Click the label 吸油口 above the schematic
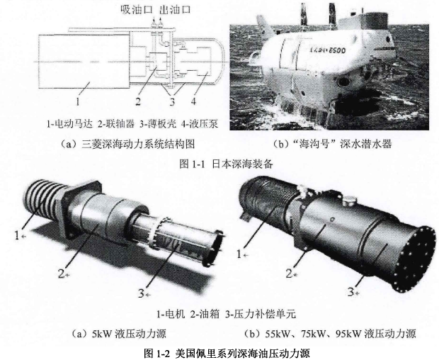pos(137,9)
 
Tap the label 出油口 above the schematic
pos(175,9)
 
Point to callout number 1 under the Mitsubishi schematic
pos(78,101)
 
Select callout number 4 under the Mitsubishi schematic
pos(193,101)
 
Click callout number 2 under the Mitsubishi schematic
pos(138,101)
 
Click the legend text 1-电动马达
pos(69,123)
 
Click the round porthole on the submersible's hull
pos(343,82)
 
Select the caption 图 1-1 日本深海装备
pos(226,164)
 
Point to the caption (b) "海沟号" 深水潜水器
pos(332,144)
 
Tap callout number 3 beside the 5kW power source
pos(142,293)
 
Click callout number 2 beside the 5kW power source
pos(62,273)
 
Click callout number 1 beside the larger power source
pos(239,254)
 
